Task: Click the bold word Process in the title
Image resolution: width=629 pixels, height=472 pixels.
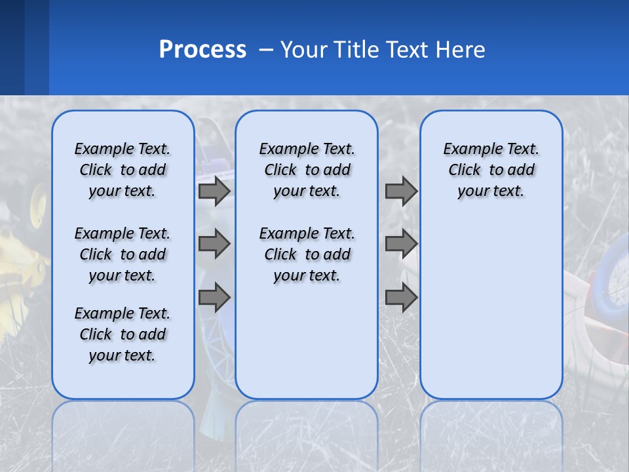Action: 202,50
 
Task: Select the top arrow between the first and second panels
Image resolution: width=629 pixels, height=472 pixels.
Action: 214,191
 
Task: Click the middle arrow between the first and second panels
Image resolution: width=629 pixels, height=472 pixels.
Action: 214,244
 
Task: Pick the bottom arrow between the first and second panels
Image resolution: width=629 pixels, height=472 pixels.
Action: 214,298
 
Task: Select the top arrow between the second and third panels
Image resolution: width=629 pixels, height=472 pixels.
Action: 401,191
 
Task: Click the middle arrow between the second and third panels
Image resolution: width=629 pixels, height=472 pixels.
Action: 401,244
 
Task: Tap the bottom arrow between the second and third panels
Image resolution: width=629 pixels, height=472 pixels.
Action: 401,298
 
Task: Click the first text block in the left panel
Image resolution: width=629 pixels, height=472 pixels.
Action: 123,170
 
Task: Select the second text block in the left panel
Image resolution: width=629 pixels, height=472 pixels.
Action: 123,254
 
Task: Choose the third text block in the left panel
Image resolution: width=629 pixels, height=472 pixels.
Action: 123,334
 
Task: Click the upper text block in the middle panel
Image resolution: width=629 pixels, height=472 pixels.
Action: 307,170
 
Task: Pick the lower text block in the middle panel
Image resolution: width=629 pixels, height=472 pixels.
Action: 307,254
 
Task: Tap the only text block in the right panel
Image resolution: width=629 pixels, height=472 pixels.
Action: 491,170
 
